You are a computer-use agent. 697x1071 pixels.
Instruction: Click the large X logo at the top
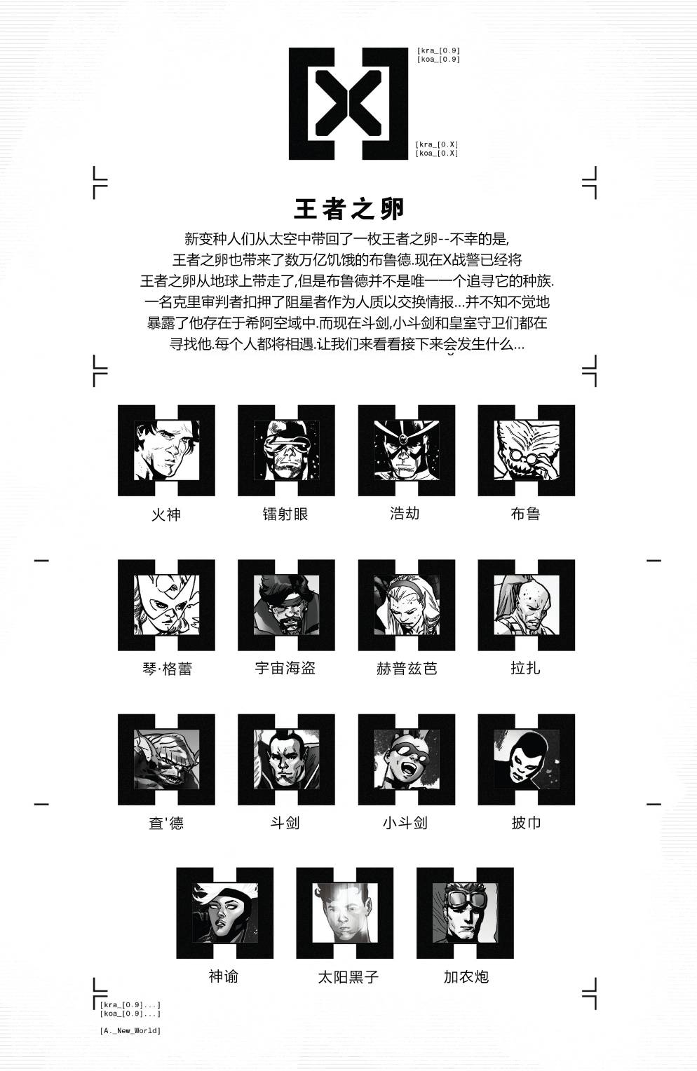[x=348, y=103]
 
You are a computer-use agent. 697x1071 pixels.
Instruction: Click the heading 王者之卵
[x=348, y=209]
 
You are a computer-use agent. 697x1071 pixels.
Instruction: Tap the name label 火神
[x=166, y=514]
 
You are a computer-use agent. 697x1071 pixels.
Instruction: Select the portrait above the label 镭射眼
[x=286, y=451]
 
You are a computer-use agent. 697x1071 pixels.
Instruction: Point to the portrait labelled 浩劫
[x=407, y=451]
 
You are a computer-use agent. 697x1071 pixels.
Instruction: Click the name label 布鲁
[x=525, y=514]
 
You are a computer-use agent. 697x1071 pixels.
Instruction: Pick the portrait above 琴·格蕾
[x=166, y=605]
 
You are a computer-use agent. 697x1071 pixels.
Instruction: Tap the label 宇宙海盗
[x=285, y=668]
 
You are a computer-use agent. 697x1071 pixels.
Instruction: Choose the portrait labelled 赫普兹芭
[x=407, y=605]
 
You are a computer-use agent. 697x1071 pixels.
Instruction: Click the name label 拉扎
[x=525, y=668]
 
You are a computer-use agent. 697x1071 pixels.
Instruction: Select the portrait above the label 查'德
[x=166, y=759]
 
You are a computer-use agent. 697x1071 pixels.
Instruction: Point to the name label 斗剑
[x=285, y=823]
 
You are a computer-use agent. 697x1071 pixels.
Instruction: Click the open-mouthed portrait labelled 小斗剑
[x=407, y=759]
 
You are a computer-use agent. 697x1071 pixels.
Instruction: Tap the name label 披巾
[x=526, y=823]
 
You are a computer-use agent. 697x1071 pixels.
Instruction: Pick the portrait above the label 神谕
[x=225, y=913]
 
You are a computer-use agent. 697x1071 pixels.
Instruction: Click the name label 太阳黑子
[x=348, y=977]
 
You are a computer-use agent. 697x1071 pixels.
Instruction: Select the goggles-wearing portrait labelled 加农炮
[x=465, y=913]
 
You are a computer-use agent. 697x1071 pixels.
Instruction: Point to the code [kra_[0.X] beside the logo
[x=437, y=144]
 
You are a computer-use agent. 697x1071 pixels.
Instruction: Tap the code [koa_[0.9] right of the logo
[x=439, y=60]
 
